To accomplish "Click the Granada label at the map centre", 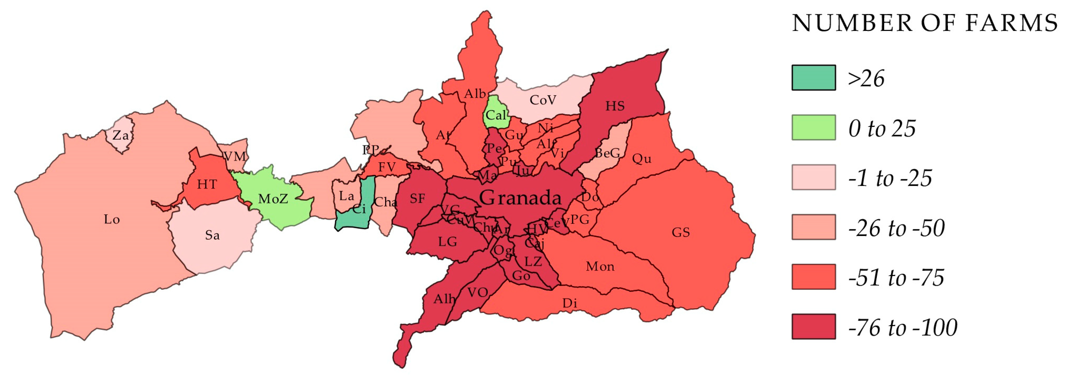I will tap(520, 198).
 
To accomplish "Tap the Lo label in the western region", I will tap(112, 219).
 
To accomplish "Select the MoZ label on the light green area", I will tap(273, 199).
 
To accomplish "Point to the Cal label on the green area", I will tap(496, 115).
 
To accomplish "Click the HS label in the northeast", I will tap(615, 106).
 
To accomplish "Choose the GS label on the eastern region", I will tap(681, 232).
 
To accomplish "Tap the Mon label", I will tap(600, 267).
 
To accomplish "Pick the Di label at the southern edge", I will tap(570, 303).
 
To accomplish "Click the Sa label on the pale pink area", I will tap(212, 235).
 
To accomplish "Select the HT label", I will tap(207, 184).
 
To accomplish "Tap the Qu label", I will tap(642, 159).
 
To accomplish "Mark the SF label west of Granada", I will tap(417, 199).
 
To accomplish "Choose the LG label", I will tap(447, 242).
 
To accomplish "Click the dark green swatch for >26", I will tap(813, 78).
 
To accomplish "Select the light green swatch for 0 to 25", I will tap(813, 127).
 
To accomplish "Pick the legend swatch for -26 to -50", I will tap(813, 227).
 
